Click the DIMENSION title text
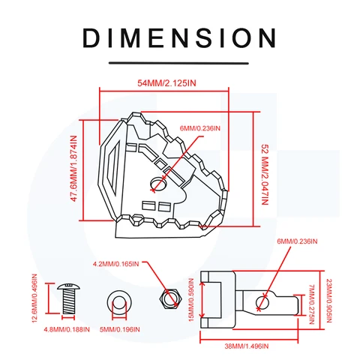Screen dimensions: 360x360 (x=179, y=38)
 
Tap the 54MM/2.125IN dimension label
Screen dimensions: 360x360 (x=166, y=83)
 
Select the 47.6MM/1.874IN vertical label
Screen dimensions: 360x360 (x=74, y=169)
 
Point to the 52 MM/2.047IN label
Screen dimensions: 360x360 (x=265, y=175)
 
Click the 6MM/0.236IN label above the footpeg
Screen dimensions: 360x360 (x=200, y=128)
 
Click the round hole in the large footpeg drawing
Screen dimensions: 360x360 (x=159, y=184)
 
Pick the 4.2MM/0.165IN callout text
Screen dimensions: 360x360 (x=115, y=264)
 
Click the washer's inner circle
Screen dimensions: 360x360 (x=119, y=303)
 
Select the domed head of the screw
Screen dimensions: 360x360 (x=68, y=286)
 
